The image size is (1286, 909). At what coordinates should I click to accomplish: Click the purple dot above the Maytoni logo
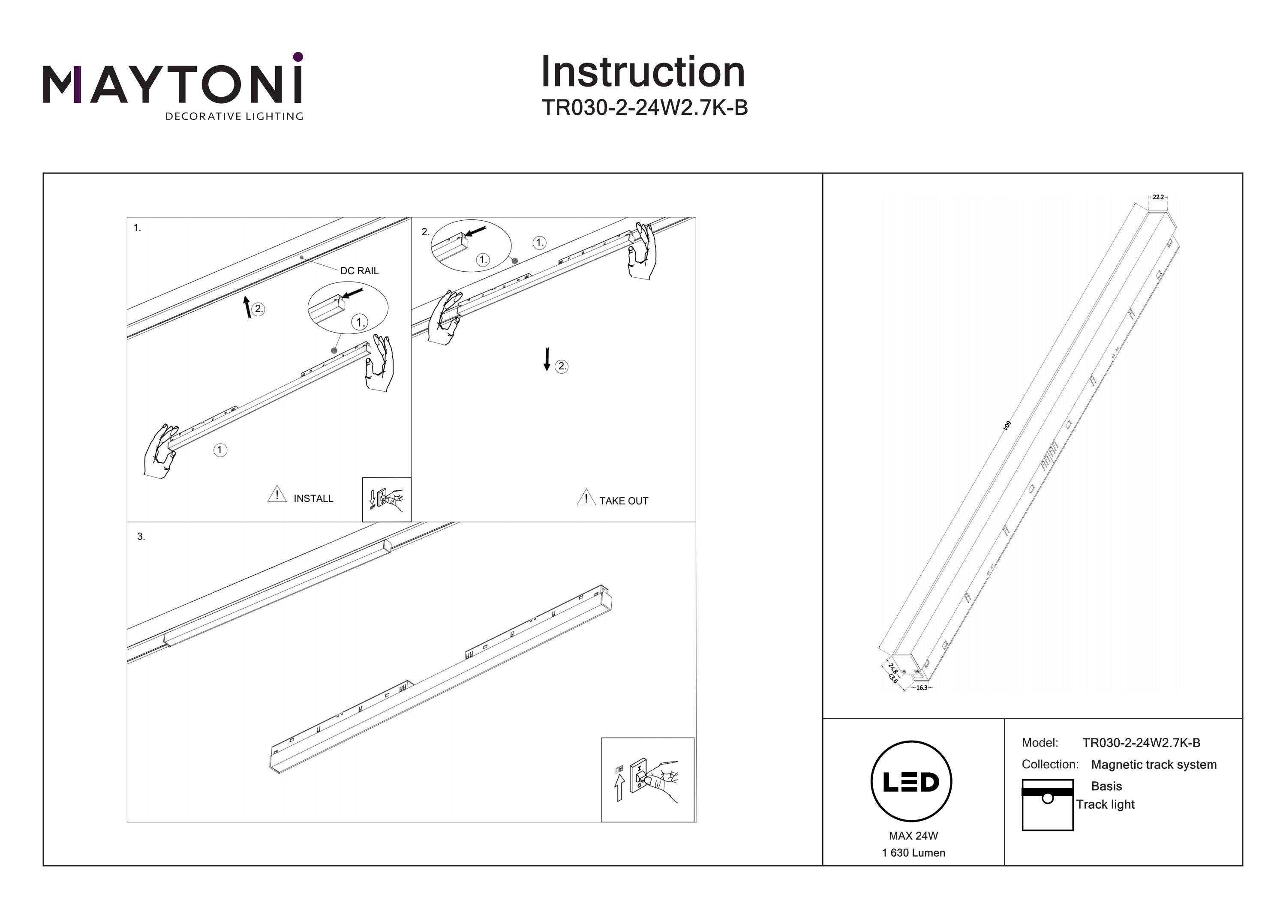[298, 57]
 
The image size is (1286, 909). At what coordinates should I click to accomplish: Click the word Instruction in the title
[643, 72]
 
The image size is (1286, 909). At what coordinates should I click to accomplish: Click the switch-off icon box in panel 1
[387, 499]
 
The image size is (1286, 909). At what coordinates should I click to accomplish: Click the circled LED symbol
[911, 782]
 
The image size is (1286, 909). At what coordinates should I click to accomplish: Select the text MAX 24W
[913, 836]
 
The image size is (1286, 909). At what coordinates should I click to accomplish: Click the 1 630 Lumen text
[913, 853]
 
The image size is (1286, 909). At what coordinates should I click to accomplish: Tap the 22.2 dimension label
[1158, 197]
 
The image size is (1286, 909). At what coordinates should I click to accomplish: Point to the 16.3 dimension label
[921, 688]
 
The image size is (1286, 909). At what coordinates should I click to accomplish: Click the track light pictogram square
[1047, 805]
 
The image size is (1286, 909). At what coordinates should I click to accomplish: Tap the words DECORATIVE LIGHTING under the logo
[234, 117]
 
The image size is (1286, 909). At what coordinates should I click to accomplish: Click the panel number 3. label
[141, 537]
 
